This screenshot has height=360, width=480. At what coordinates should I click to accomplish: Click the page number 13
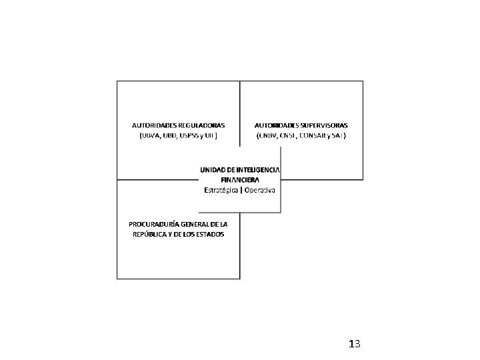[x=354, y=344]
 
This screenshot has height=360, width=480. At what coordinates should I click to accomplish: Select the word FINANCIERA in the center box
[x=240, y=180]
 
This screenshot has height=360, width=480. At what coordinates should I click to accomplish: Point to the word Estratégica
[x=222, y=190]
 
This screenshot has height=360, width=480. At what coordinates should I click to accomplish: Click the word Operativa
[x=261, y=190]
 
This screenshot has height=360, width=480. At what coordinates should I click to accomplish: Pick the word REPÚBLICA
[x=149, y=234]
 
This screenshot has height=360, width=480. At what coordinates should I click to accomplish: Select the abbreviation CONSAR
[x=313, y=135]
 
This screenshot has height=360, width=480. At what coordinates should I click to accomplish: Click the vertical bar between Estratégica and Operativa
[x=241, y=190]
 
